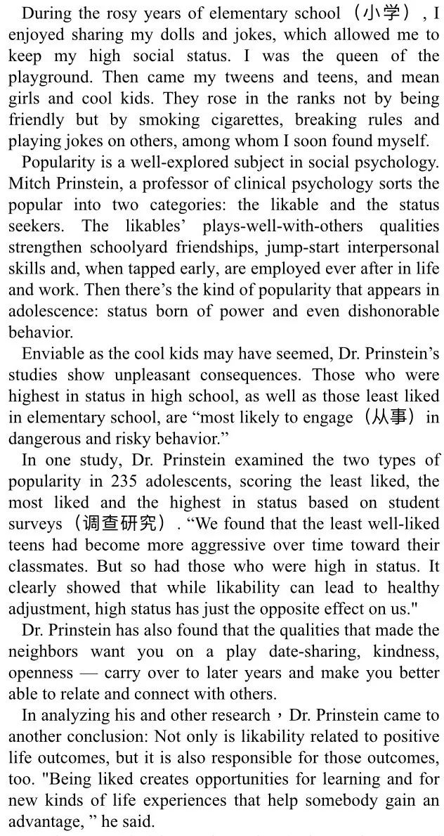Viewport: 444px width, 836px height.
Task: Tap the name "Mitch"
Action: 28,184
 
